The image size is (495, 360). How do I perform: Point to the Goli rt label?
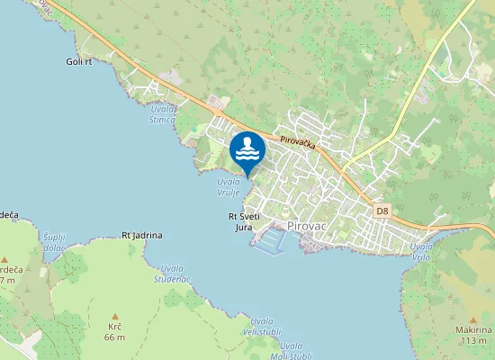pyautogui.click(x=79, y=61)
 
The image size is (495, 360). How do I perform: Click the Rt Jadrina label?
pyautogui.click(x=142, y=235)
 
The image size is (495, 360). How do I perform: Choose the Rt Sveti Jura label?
pyautogui.click(x=244, y=221)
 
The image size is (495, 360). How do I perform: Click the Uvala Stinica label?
pyautogui.click(x=163, y=112)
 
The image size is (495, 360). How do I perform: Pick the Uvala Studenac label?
pyautogui.click(x=174, y=272)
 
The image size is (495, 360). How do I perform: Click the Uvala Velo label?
pyautogui.click(x=421, y=250)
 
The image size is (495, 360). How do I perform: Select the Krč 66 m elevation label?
pyautogui.click(x=114, y=332)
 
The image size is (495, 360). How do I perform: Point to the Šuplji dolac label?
pyautogui.click(x=54, y=240)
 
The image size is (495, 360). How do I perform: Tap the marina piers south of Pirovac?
pyautogui.click(x=268, y=241)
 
